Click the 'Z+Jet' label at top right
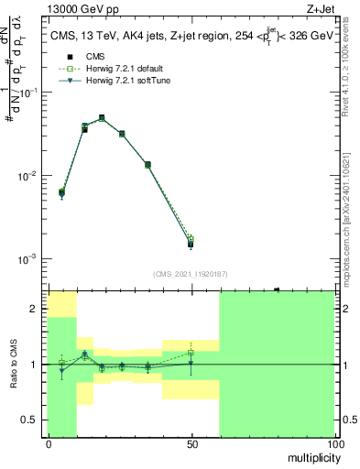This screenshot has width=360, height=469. pos(320,7)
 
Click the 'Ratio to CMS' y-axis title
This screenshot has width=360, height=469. pos(13,365)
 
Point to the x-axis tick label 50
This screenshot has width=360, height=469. pos(191,444)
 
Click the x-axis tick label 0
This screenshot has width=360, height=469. pos(49,444)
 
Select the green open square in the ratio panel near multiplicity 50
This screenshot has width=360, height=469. pos(191,352)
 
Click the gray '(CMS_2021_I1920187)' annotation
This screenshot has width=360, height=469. pos(191,273)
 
